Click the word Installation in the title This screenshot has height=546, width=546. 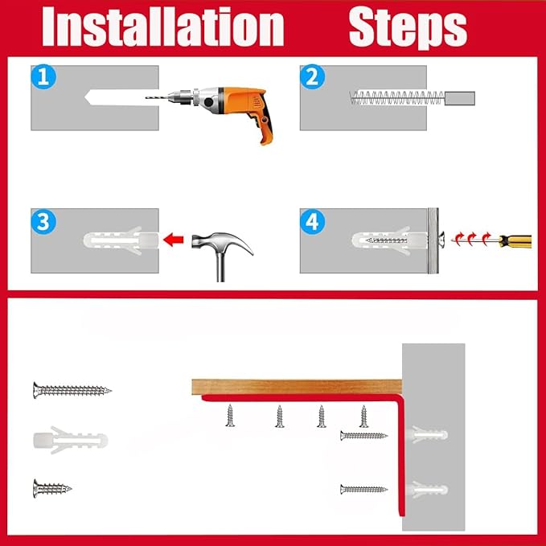(x=162, y=27)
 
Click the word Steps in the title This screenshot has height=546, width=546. (x=408, y=28)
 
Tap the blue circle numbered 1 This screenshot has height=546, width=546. (x=43, y=76)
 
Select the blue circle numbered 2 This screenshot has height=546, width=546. (x=312, y=76)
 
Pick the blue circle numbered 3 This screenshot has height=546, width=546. (x=43, y=222)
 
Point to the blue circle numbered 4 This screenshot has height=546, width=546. (x=312, y=222)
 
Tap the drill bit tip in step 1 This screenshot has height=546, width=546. (x=146, y=98)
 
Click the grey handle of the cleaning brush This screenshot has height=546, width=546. (x=460, y=98)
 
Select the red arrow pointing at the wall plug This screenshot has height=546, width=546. (x=174, y=240)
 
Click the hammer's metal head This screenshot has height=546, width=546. (x=222, y=243)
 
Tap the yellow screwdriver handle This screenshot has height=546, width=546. (x=515, y=241)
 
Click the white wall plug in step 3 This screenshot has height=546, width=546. (x=121, y=240)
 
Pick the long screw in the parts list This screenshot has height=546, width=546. (x=72, y=390)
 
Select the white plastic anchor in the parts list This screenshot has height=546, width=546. (x=70, y=440)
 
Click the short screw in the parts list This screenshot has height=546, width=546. (x=52, y=488)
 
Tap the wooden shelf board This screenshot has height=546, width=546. (x=297, y=387)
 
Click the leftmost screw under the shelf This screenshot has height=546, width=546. (x=230, y=416)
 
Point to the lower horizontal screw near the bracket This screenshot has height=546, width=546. (x=363, y=489)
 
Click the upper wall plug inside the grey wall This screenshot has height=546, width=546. (x=426, y=434)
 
